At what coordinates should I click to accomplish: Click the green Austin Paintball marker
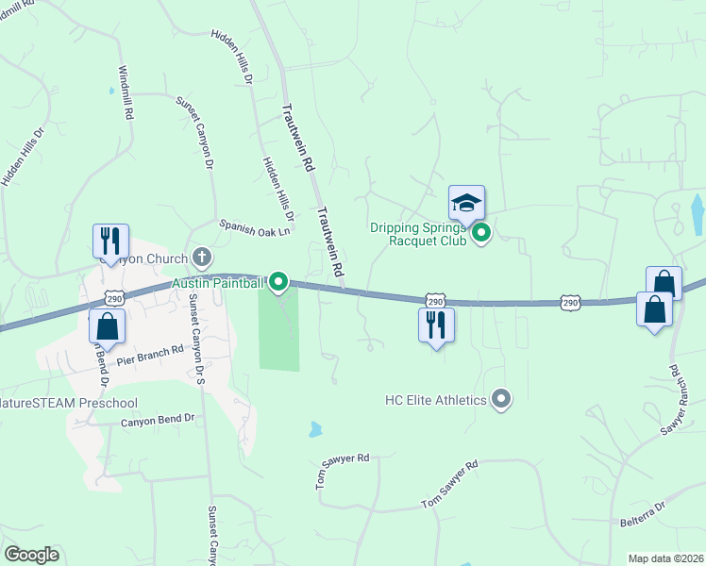(278, 282)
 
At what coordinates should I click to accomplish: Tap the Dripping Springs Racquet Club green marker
(481, 232)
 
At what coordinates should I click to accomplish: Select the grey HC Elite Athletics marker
(502, 400)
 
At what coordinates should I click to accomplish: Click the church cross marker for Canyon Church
(201, 256)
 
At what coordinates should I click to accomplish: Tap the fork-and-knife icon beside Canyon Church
(109, 241)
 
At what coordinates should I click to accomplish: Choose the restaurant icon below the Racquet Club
(435, 325)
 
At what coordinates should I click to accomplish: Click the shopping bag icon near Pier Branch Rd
(107, 325)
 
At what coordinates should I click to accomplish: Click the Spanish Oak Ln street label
(255, 225)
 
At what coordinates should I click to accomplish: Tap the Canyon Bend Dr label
(157, 420)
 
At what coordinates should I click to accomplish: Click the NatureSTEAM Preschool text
(68, 403)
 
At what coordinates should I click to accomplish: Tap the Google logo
(31, 555)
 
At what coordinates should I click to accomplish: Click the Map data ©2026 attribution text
(664, 558)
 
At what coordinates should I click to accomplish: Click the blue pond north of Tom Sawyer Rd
(314, 429)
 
